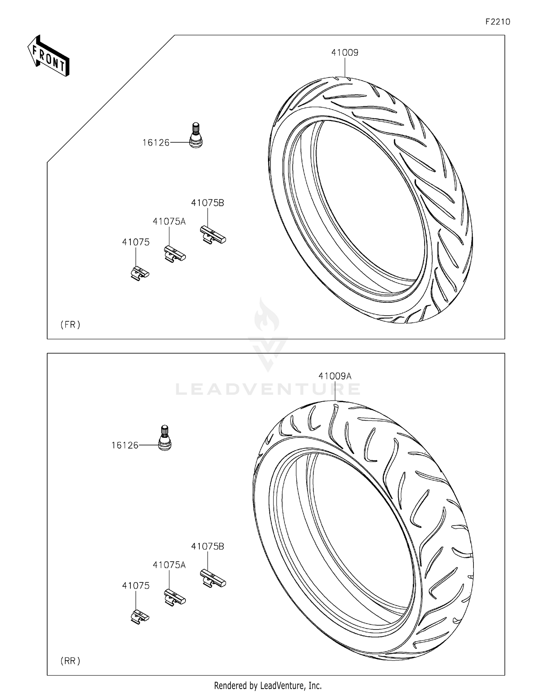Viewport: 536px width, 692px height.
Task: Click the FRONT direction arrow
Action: pos(49,56)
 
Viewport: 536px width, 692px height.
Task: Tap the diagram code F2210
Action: pos(497,22)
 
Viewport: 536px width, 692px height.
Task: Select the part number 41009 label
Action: pos(344,52)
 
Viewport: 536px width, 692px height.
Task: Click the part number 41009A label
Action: pos(335,376)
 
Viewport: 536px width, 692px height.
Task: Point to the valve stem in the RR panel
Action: pos(165,438)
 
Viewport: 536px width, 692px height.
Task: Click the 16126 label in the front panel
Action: pos(156,143)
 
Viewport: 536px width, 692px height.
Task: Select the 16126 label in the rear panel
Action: pos(125,445)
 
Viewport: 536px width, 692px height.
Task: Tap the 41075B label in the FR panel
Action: pos(207,203)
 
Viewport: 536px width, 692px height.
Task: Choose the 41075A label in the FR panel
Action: pos(169,221)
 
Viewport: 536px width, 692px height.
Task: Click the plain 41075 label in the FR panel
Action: pos(136,242)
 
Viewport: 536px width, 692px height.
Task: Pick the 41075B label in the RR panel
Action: pos(207,546)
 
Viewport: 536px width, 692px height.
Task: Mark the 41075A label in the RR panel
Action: pos(169,565)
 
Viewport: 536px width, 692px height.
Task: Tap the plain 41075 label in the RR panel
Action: pos(136,586)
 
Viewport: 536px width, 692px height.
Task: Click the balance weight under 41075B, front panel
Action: pos(213,235)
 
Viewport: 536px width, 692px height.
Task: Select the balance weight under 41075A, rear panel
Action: pos(175,597)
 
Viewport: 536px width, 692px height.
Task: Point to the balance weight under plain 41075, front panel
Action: pos(139,273)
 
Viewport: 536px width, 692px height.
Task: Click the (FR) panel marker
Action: pos(70,325)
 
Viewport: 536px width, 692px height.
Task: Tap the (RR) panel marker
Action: pos(70,661)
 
